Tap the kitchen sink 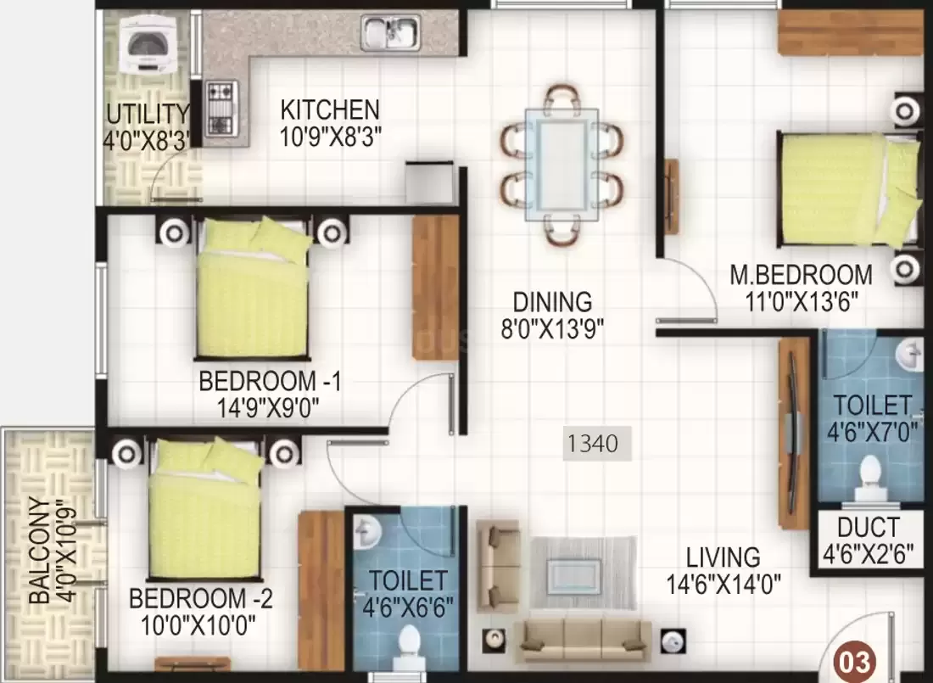pos(390,33)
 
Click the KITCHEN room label pos(330,109)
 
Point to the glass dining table pos(561,165)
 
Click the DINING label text pos(553,302)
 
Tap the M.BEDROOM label pos(801,275)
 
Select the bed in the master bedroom pos(846,189)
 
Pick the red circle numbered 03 pos(854,661)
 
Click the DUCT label pos(869,528)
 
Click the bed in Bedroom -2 pos(204,509)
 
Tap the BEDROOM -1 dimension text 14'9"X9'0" pos(267,408)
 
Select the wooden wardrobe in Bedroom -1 pos(435,287)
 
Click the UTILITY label pos(148,113)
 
